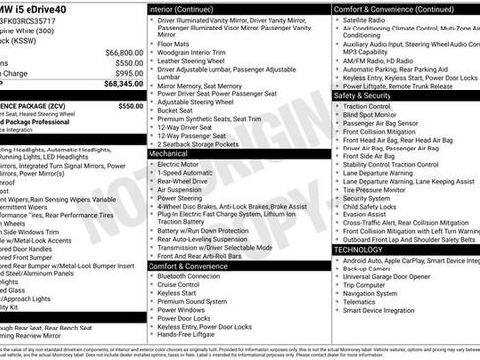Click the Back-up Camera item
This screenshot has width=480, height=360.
tap(371, 269)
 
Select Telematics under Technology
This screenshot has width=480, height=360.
tap(363, 301)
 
